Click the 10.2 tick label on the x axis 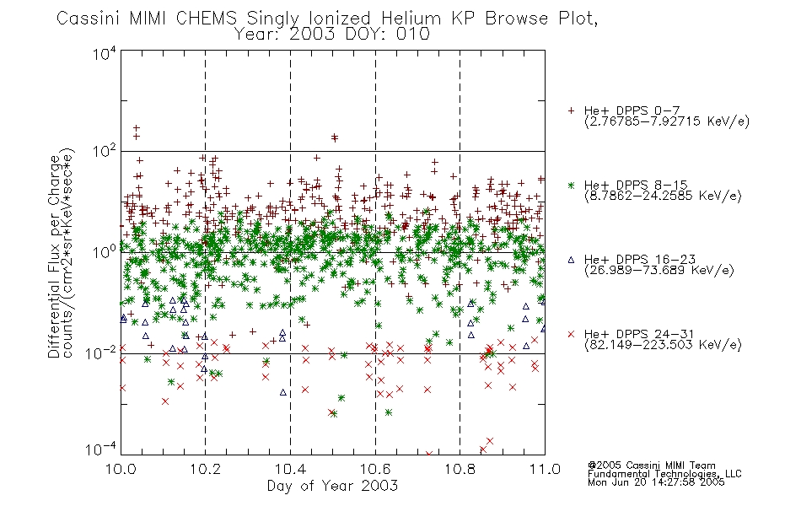tap(206, 469)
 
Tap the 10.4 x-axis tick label tap(290, 469)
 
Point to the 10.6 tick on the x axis tap(375, 469)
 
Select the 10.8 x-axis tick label tap(460, 469)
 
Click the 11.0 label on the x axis tap(545, 469)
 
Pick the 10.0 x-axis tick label tap(121, 469)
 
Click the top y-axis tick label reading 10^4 tap(105, 53)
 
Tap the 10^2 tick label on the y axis tap(105, 152)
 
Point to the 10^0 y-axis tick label tap(105, 252)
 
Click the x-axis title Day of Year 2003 tap(332, 486)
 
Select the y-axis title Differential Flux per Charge tap(54, 256)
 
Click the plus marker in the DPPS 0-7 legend tap(571, 110)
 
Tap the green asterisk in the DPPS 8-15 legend tap(571, 185)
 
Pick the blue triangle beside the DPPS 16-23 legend tap(571, 260)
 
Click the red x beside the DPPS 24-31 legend tap(571, 334)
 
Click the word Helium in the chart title tap(411, 19)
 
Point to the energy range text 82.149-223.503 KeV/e tap(663, 345)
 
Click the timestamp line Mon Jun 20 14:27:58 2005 tap(656, 482)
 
